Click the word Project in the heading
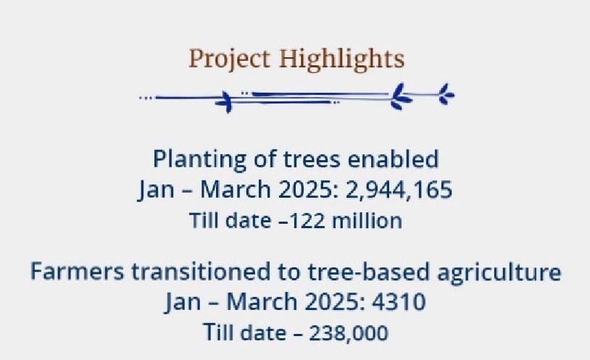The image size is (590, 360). (229, 59)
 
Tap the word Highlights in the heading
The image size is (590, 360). (341, 59)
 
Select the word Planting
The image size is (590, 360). (199, 159)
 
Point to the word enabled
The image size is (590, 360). (393, 159)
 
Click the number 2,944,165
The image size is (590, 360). (399, 190)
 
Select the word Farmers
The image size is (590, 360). (77, 272)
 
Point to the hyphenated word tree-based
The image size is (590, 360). (368, 272)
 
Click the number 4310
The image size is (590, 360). (399, 302)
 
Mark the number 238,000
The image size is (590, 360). (349, 333)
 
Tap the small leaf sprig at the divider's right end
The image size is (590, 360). (446, 94)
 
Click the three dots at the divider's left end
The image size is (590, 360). (145, 98)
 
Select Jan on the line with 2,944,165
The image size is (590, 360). (156, 190)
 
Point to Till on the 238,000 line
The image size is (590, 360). (218, 332)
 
